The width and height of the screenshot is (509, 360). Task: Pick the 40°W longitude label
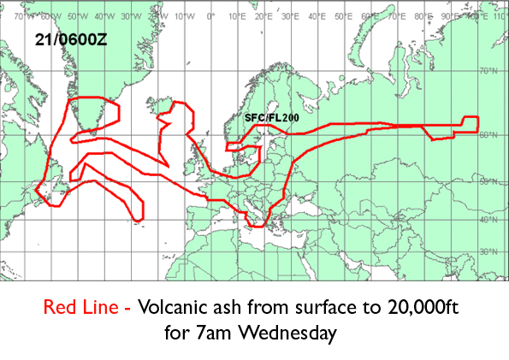click(104, 15)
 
